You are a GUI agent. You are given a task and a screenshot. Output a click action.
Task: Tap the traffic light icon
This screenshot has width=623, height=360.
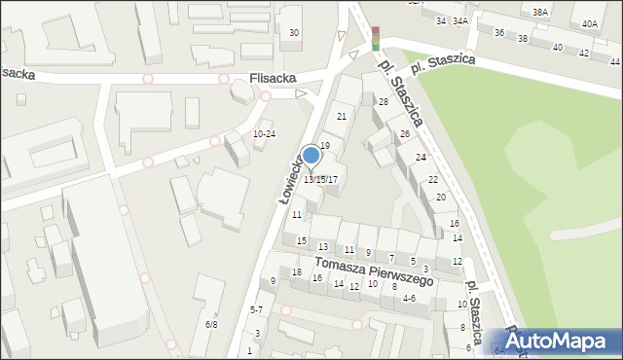click(376, 38)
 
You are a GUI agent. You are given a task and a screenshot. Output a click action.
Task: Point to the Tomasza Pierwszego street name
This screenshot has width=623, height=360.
click(372, 268)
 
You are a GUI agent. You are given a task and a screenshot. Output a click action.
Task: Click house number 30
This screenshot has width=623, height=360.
click(294, 33)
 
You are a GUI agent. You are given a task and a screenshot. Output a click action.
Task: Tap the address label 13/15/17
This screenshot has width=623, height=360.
click(320, 179)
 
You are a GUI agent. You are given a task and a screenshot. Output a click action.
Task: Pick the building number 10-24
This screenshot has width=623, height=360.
click(264, 134)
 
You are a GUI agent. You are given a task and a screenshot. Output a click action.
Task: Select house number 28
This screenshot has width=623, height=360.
click(384, 102)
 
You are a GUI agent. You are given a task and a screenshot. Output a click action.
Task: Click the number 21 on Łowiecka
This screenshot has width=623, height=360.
click(341, 117)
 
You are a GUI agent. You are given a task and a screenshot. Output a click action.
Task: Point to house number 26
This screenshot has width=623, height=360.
click(404, 133)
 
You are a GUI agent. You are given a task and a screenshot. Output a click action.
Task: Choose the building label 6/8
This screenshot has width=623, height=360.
click(211, 324)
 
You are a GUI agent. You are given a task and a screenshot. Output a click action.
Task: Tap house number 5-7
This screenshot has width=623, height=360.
click(256, 309)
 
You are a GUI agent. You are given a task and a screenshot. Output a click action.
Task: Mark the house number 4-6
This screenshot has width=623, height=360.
click(409, 299)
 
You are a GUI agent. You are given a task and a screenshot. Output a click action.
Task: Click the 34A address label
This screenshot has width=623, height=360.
click(460, 20)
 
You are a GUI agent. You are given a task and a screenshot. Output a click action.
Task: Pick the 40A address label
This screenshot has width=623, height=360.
click(590, 23)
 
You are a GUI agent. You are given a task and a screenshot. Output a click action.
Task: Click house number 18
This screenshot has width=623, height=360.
click(297, 271)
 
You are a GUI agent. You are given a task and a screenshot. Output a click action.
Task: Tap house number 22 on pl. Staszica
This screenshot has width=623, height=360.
click(432, 180)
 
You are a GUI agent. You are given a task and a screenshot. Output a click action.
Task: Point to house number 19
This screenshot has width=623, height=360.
click(325, 145)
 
